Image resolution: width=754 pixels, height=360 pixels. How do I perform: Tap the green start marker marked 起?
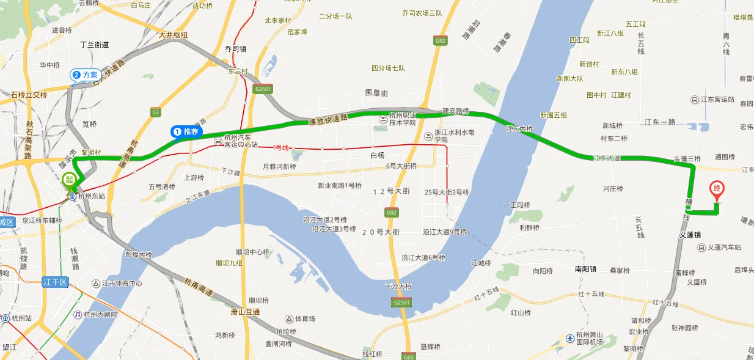point(70,178)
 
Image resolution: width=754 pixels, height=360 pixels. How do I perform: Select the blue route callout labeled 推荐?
point(187,131)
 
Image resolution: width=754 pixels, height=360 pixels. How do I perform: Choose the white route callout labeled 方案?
point(85,75)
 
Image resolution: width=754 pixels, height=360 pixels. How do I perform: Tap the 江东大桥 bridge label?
point(519,130)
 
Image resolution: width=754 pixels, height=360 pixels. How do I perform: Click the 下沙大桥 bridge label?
point(398,286)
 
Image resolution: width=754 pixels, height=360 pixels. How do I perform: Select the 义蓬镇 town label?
point(690,235)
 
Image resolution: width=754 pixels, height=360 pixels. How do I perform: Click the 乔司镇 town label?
point(235,49)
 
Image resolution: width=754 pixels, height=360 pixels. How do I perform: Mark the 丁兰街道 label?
point(95,45)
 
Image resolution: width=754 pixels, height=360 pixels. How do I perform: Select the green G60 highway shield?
point(409,356)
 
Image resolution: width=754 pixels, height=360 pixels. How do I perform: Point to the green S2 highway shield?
point(156,112)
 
